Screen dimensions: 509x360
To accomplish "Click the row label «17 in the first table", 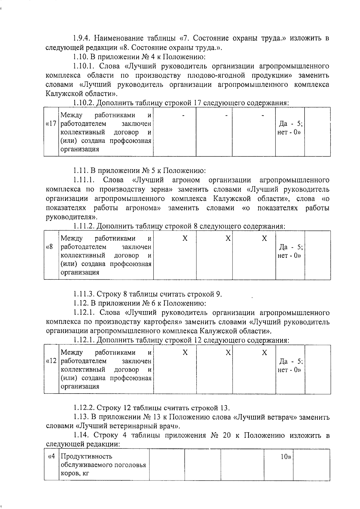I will (51, 124).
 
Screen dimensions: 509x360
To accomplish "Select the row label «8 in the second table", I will (49, 247).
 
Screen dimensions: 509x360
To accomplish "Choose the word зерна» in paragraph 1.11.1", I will (160, 189).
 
